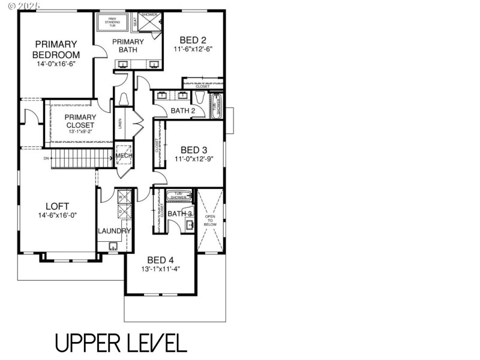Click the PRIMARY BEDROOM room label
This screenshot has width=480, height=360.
coord(55,49)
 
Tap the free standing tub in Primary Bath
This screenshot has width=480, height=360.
coord(112,22)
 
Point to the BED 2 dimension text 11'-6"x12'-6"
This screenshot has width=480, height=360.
coord(193,49)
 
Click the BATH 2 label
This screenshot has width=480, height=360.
coord(183,110)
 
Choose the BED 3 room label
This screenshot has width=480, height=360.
coord(194,149)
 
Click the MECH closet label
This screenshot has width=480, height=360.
coord(124,156)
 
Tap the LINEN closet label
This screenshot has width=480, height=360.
coord(121,124)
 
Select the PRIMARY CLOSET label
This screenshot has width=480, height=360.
coord(80,121)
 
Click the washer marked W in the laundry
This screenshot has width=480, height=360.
coord(120,197)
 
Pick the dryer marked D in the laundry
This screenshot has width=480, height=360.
coord(120,211)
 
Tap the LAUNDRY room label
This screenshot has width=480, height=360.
coord(114,231)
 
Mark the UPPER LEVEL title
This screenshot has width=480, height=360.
coord(121,343)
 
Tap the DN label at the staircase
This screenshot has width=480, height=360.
coord(46,159)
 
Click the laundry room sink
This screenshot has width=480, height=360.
coord(112,245)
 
